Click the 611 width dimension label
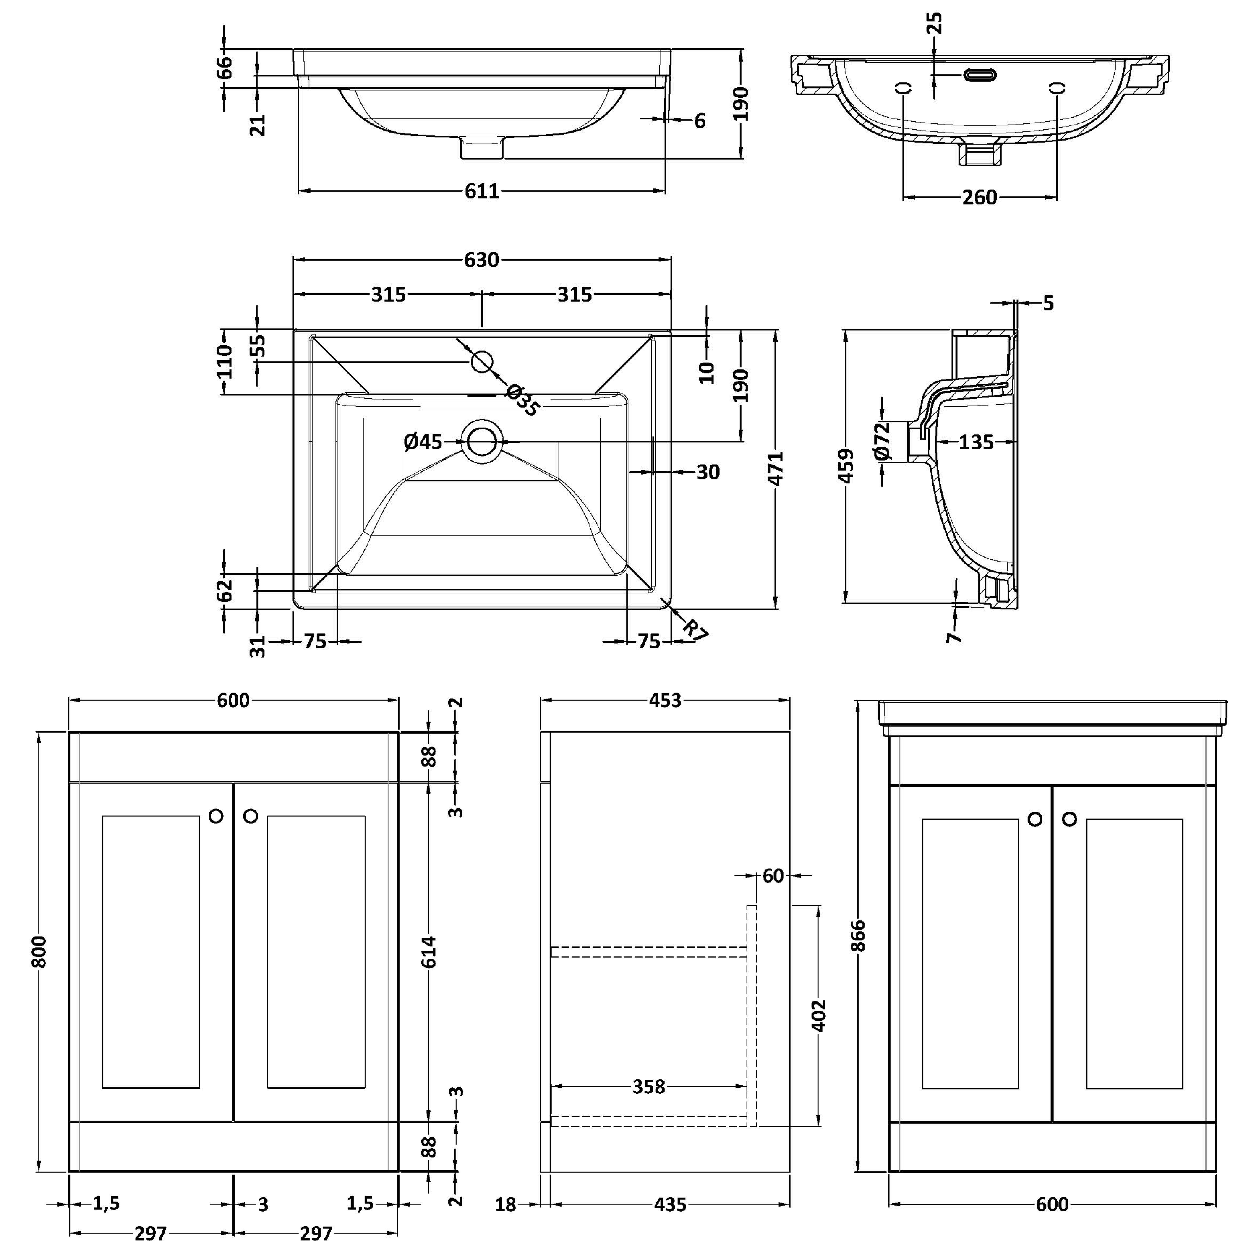click(482, 191)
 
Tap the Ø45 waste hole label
click(423, 442)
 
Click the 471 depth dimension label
click(776, 468)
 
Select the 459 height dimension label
click(845, 466)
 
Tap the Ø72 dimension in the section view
click(882, 441)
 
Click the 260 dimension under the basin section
click(980, 197)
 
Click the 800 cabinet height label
click(39, 951)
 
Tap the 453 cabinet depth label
click(665, 700)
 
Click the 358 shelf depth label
click(649, 1087)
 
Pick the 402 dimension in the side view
click(819, 1015)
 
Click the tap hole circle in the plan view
click(482, 362)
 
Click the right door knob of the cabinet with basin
click(1069, 819)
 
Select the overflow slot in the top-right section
click(980, 75)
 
